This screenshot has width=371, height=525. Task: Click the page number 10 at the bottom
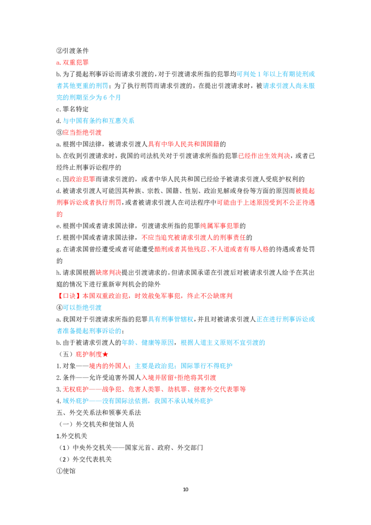pos(185,489)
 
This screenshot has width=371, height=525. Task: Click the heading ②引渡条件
pos(72,51)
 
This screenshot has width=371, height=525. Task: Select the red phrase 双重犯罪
pos(76,62)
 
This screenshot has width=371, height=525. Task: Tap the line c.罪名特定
pos(72,109)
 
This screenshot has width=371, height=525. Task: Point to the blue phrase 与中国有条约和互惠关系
pos(98,121)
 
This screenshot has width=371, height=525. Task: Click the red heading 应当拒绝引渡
pos(82,132)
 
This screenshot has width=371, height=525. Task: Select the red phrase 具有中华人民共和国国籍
pos(184,144)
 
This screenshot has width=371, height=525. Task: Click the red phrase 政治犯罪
pos(82,179)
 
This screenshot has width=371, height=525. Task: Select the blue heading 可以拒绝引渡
pos(82,307)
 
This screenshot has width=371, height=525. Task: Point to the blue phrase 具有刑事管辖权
pos(171,319)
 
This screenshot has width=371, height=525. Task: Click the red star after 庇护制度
pos(105,354)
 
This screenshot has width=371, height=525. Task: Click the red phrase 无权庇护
pos(76,389)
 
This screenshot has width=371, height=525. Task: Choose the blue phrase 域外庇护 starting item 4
pos(76,401)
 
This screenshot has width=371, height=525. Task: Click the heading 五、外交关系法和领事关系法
pos(98,412)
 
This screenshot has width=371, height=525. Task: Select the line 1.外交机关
pos(72,436)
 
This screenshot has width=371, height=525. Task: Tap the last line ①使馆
pos(66,471)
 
